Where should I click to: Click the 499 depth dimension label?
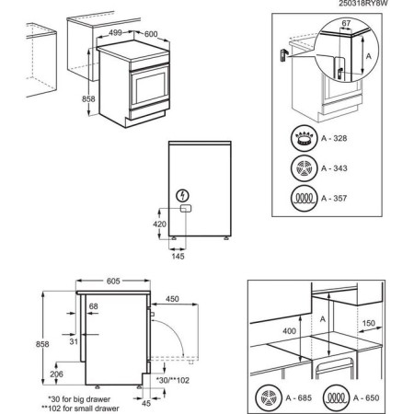(x=116, y=32)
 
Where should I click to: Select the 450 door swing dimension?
(x=173, y=297)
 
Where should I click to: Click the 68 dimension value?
(x=93, y=306)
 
